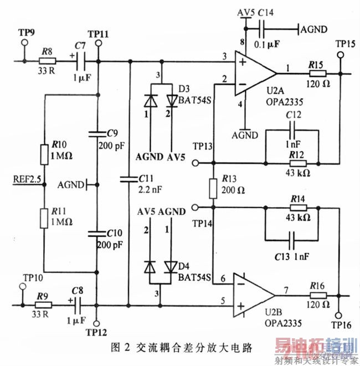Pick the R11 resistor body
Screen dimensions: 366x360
click(43, 217)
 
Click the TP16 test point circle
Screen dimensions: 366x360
click(338, 315)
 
